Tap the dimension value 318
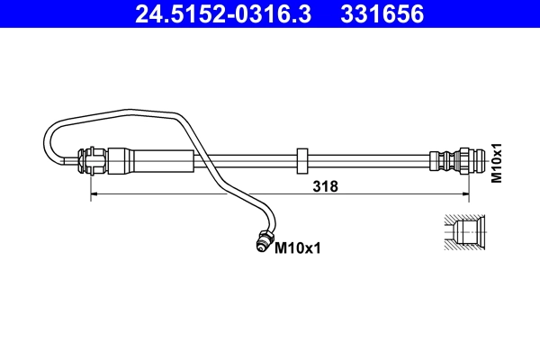325,186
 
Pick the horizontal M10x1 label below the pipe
298,245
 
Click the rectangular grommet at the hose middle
302,161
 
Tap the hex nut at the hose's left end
92,161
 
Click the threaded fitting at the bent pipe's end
264,240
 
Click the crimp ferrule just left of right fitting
440,162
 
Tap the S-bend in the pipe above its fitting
261,212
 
